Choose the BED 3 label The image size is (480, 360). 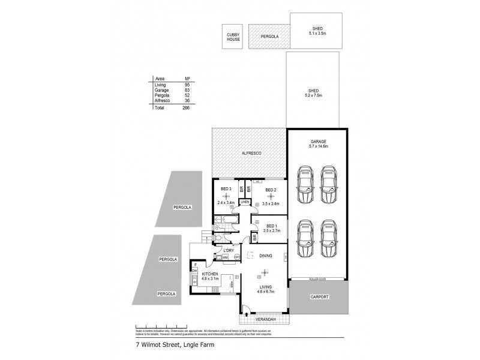point(226,190)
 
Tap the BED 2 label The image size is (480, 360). point(270,190)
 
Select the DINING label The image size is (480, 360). point(266,256)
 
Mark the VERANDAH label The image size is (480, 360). point(263,319)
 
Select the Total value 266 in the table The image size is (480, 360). point(186,108)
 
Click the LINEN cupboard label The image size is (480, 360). point(244,203)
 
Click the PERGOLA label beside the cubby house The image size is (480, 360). point(270,37)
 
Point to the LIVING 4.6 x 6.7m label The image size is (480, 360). point(265,289)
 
